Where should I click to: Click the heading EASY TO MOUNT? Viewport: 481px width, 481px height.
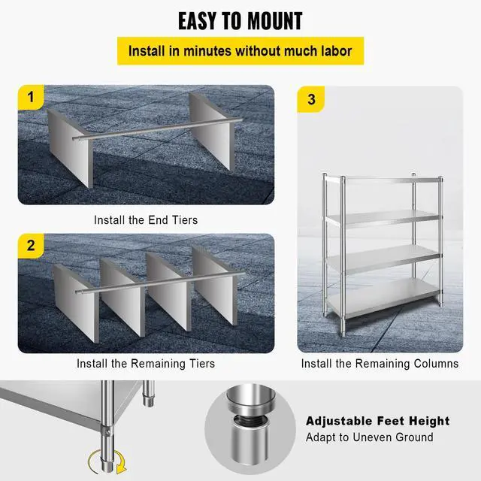pyautogui.click(x=240, y=21)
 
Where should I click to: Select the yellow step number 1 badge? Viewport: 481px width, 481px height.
pyautogui.click(x=31, y=98)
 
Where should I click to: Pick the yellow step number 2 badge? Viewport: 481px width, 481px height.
pyautogui.click(x=31, y=246)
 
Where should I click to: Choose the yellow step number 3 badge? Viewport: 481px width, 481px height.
pyautogui.click(x=311, y=98)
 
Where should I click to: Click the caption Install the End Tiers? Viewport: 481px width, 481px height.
pyautogui.click(x=146, y=220)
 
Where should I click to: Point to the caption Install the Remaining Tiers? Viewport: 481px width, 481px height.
pyautogui.click(x=146, y=363)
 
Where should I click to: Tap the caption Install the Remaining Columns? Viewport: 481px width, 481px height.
pyautogui.click(x=380, y=363)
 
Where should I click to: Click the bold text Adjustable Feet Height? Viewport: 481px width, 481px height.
pyautogui.click(x=377, y=421)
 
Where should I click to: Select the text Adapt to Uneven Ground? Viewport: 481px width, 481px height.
pyautogui.click(x=369, y=437)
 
